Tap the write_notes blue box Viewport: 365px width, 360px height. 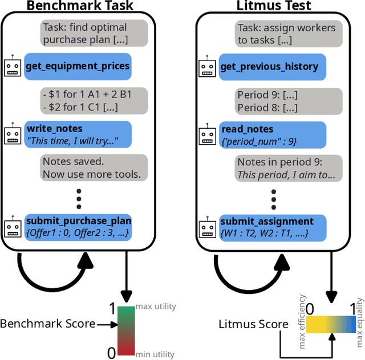point(77,134)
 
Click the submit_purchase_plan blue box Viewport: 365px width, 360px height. point(78,226)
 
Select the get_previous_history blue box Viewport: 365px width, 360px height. point(272,67)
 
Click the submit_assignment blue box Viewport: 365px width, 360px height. point(272,227)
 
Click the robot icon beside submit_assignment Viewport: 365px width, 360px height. point(208,228)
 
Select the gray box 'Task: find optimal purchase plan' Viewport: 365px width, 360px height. point(84,33)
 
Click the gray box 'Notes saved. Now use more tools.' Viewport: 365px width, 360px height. point(91,167)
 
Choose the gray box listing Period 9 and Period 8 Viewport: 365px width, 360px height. point(267,101)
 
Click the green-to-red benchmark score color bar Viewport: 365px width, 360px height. point(125,331)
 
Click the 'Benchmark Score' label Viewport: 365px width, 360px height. point(47,324)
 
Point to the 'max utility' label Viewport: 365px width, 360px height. point(155,307)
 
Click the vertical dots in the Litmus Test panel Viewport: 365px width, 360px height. point(273,199)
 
